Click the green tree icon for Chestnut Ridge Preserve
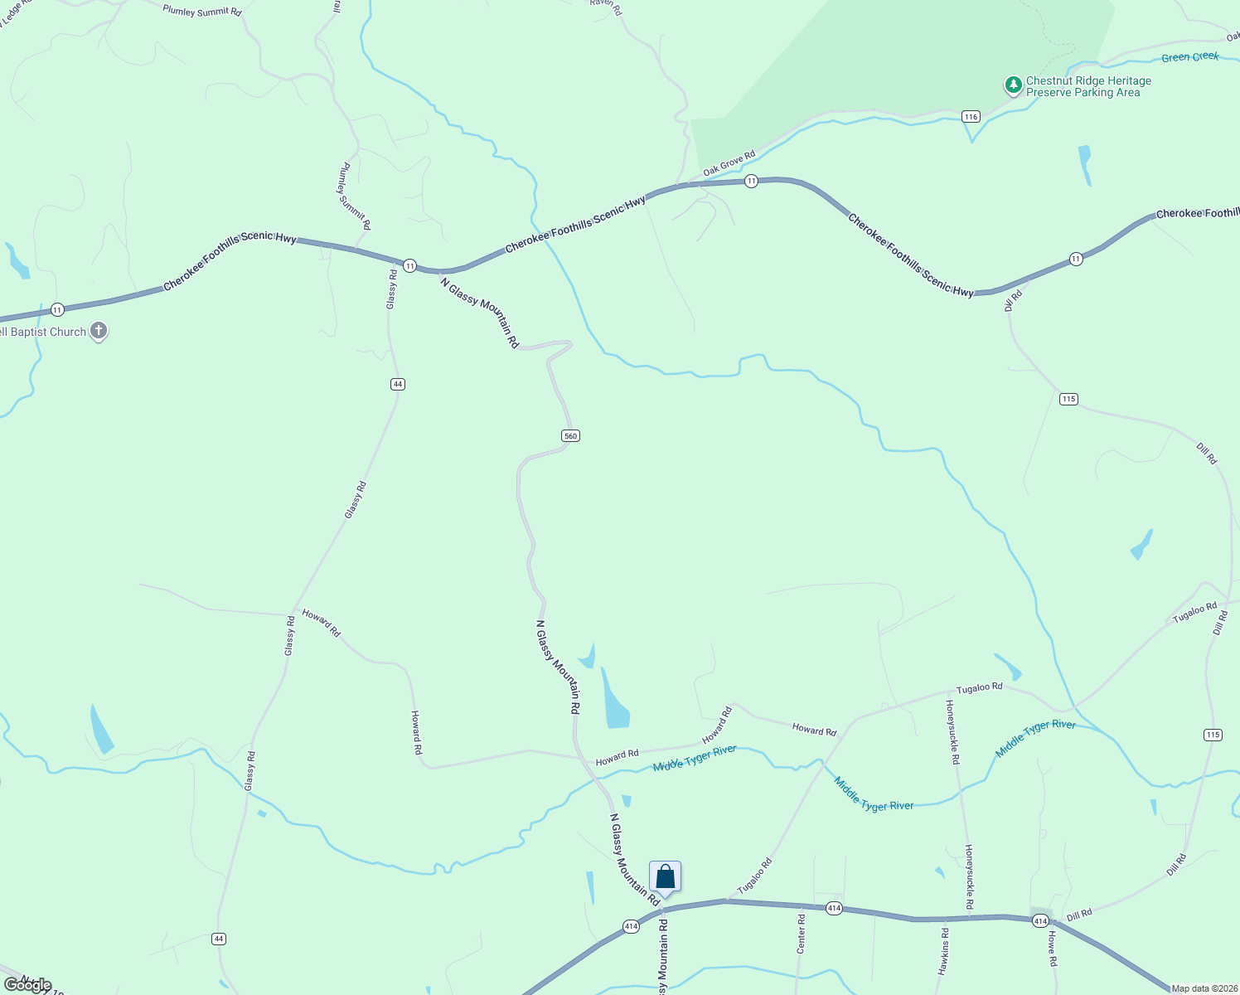(x=1013, y=85)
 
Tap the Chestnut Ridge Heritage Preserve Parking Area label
(x=1087, y=87)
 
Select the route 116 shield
(x=971, y=117)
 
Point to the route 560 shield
(x=570, y=436)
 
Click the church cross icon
(x=99, y=332)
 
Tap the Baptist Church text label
(x=43, y=332)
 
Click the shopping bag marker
(x=665, y=876)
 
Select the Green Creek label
(x=1189, y=57)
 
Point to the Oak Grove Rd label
(x=729, y=163)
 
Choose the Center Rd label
(x=801, y=934)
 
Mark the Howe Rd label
(x=1052, y=949)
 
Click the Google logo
(x=28, y=985)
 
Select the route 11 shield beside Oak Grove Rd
(x=751, y=181)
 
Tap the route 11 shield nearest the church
(x=56, y=309)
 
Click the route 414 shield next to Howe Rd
(x=1040, y=920)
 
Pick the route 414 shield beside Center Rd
(x=834, y=909)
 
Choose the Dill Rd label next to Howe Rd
(x=1079, y=915)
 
